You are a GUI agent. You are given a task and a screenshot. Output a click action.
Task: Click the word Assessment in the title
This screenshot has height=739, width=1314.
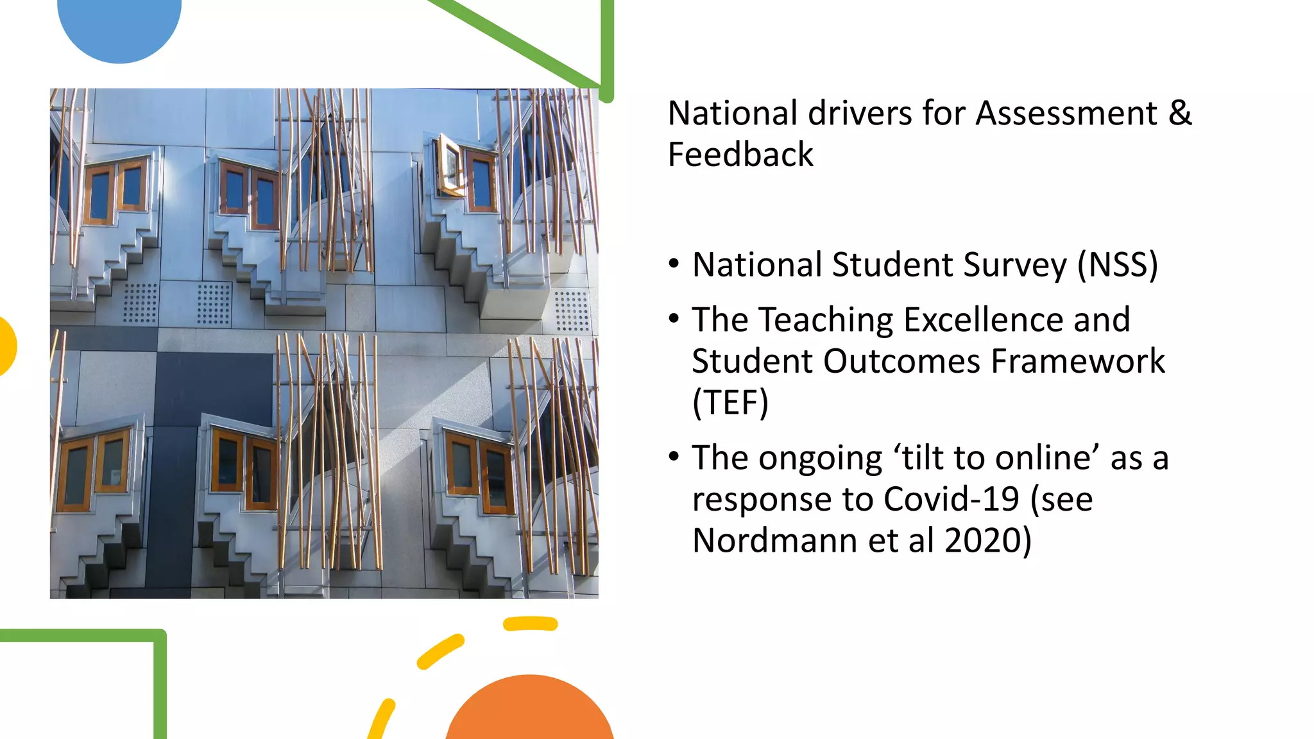[x=1066, y=114]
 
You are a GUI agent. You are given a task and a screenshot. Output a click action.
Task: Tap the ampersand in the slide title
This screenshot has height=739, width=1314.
[x=1180, y=114]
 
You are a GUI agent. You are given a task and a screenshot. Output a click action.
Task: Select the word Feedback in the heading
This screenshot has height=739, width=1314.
[x=740, y=155]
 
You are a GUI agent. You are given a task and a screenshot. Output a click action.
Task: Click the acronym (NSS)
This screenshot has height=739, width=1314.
[x=1117, y=265]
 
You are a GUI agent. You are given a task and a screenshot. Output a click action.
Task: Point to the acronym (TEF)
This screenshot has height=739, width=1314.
[x=730, y=403]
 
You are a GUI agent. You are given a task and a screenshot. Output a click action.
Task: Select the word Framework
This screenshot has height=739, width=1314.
[x=1077, y=361]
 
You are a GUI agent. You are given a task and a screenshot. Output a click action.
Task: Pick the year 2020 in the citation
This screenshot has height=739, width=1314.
[x=982, y=541]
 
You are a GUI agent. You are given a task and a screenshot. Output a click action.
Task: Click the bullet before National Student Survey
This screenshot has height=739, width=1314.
[x=673, y=264]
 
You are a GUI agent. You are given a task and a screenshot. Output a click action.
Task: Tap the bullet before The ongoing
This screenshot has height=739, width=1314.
[x=673, y=457]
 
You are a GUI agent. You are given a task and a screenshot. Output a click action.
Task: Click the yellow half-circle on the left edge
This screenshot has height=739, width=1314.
[x=6, y=346]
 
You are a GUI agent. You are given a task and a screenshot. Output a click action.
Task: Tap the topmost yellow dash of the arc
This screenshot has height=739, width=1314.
[x=530, y=624]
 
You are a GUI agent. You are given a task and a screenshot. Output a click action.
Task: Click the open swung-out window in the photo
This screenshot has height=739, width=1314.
[x=450, y=166]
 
